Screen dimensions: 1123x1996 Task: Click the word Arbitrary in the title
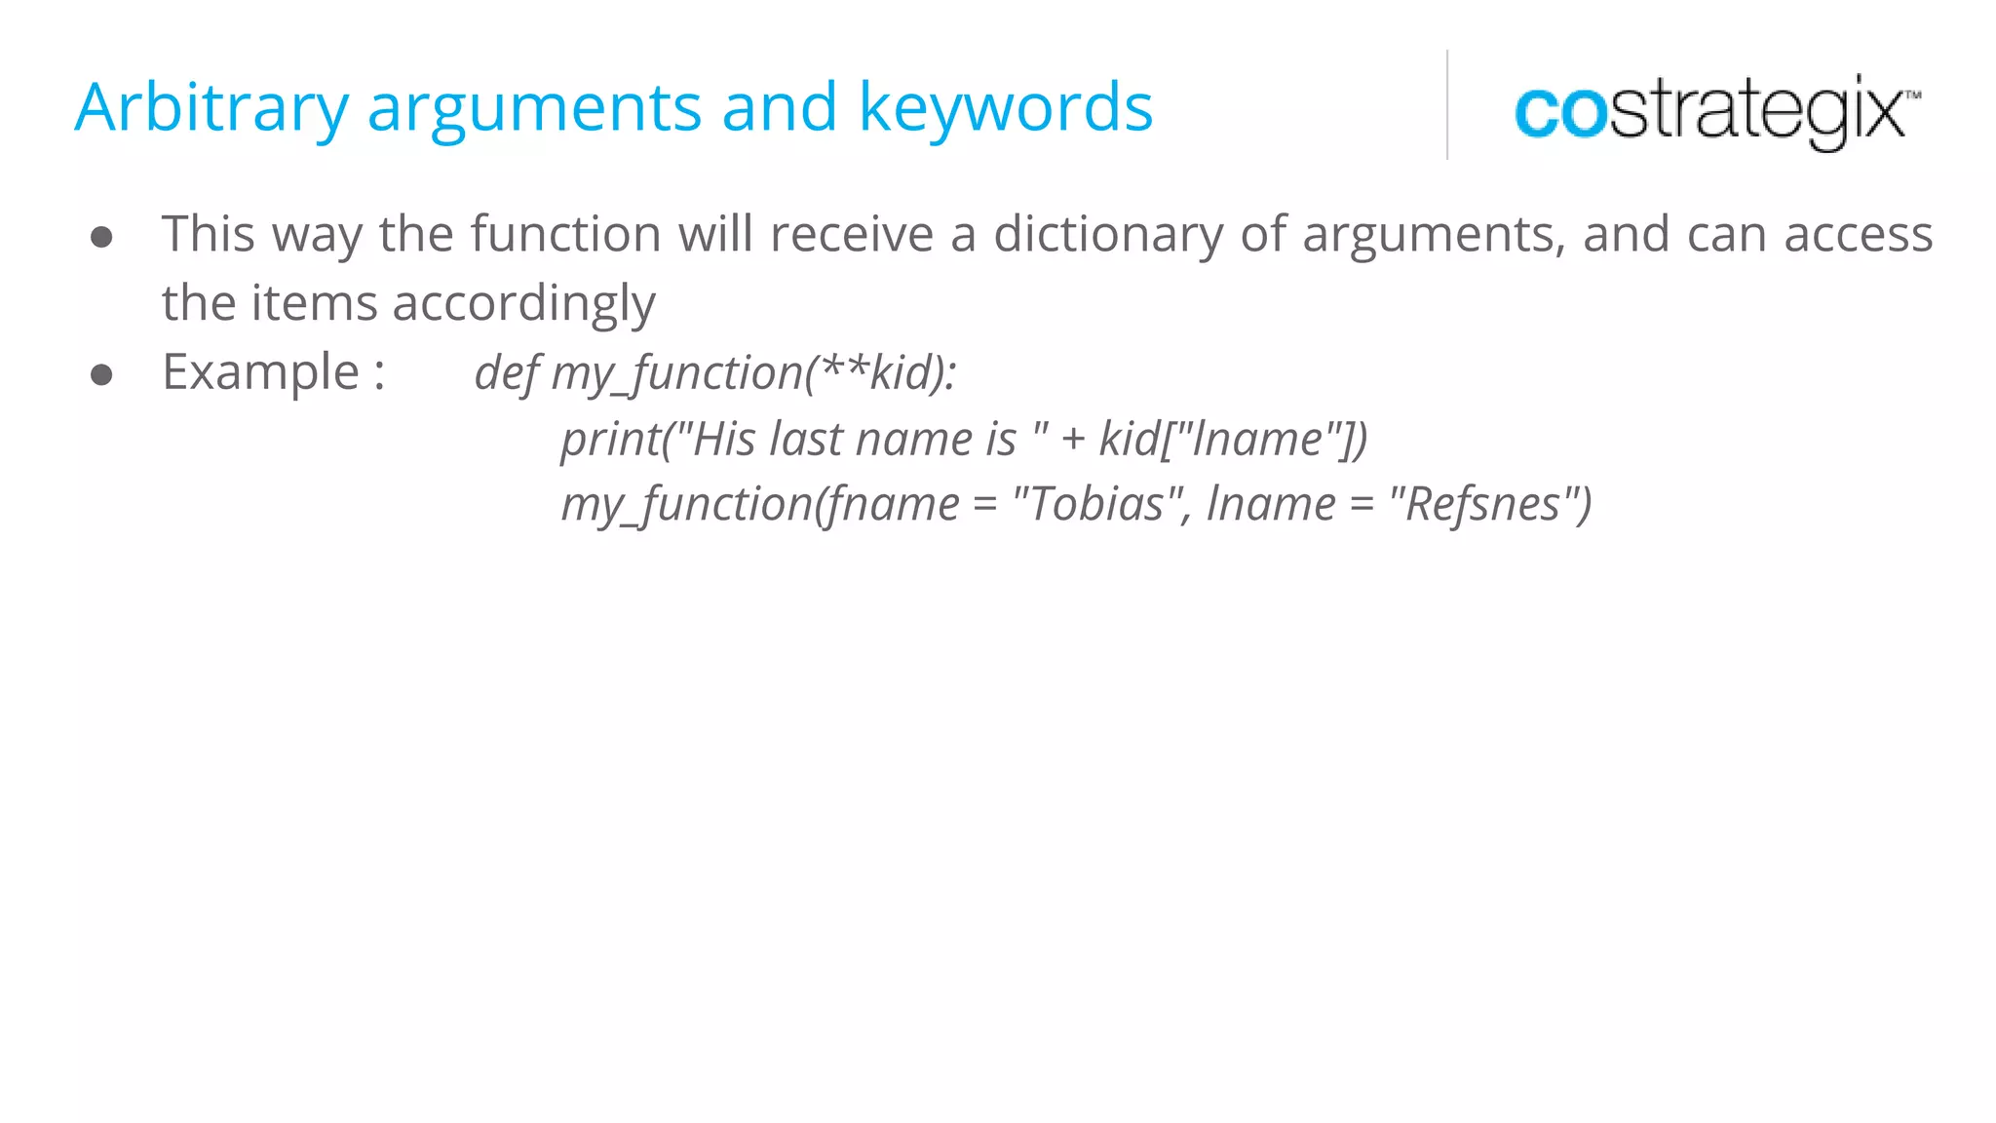[x=211, y=107]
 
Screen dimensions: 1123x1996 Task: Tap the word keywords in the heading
[x=1005, y=107]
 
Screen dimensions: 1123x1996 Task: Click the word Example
[x=261, y=372]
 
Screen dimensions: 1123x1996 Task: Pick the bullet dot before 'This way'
[x=101, y=237]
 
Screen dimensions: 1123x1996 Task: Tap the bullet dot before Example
[x=101, y=374]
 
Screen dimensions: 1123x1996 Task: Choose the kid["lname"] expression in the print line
[x=1233, y=440]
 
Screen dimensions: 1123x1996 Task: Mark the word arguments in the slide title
[x=534, y=107]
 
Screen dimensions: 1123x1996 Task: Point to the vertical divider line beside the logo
[x=1447, y=104]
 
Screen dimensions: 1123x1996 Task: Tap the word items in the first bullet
[x=313, y=304]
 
